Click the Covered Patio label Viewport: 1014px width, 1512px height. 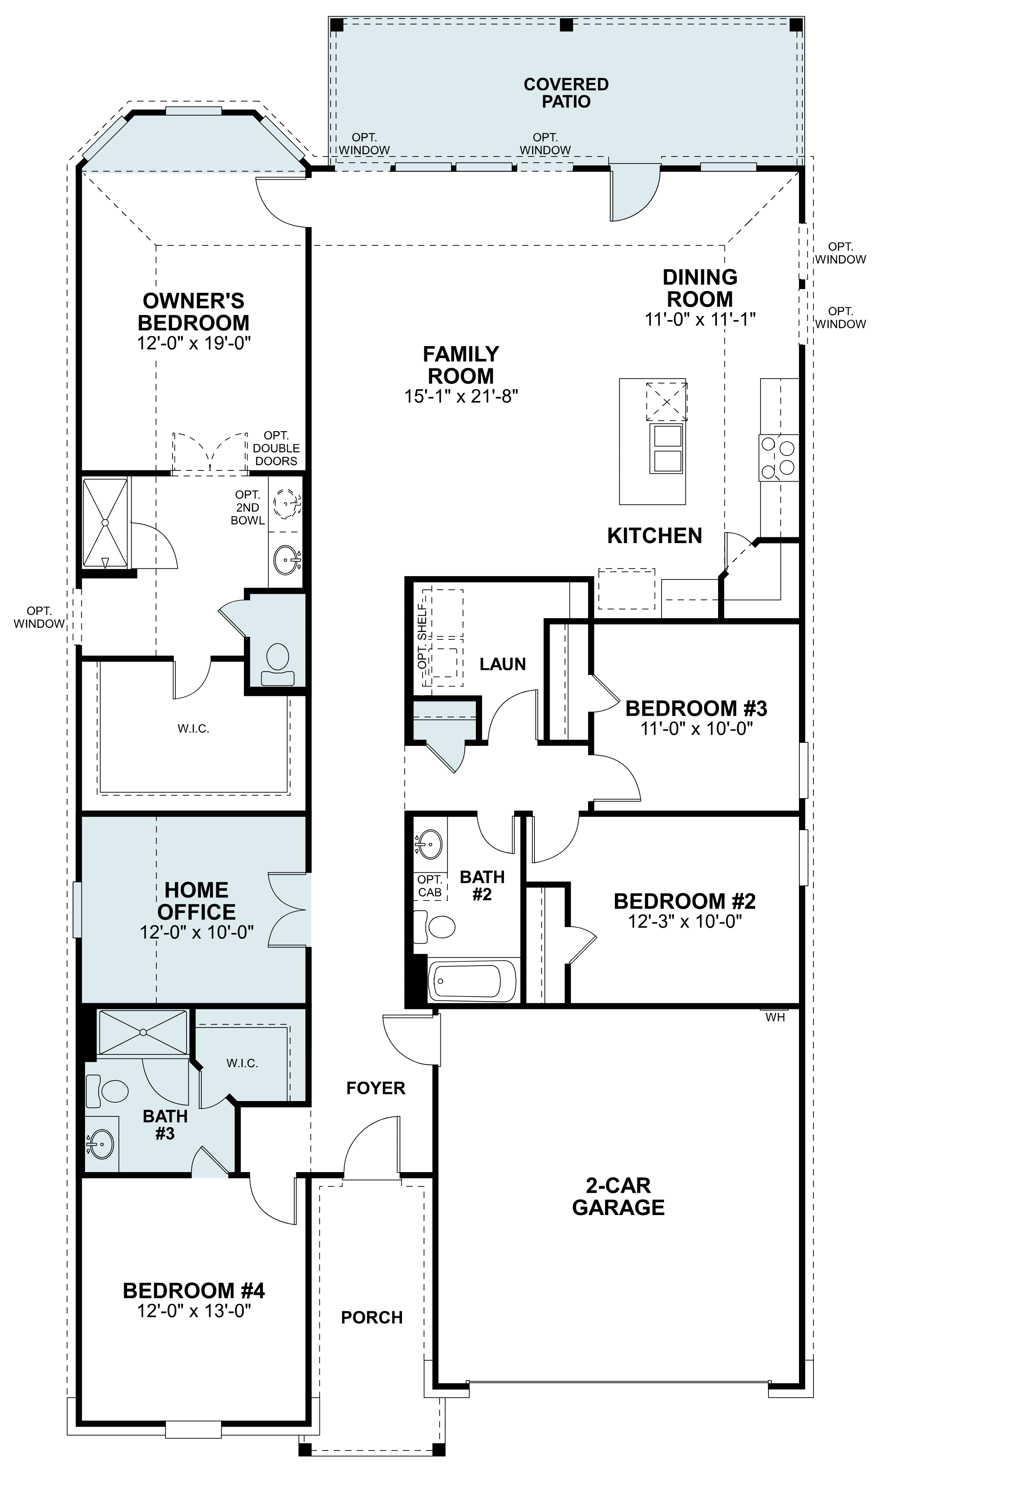[566, 93]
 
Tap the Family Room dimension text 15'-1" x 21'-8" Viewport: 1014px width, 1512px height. [461, 396]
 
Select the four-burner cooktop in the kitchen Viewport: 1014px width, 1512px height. [779, 457]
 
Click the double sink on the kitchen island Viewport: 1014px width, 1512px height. [667, 449]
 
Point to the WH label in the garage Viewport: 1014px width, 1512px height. [775, 1017]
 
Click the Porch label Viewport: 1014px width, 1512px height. [372, 1317]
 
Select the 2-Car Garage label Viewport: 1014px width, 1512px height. [618, 1196]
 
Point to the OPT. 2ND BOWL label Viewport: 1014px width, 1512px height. [248, 507]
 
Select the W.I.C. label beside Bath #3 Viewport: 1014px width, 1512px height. [243, 1063]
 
